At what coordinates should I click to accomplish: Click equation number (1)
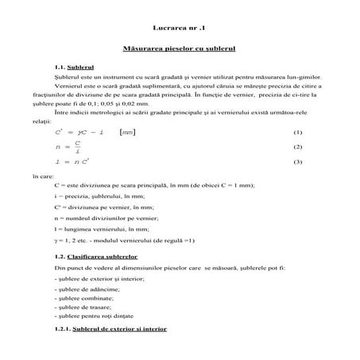(x=298, y=132)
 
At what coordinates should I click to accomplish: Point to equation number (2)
(x=298, y=147)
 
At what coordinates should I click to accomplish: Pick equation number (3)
(x=298, y=162)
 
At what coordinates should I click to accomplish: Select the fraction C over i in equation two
(x=77, y=147)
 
